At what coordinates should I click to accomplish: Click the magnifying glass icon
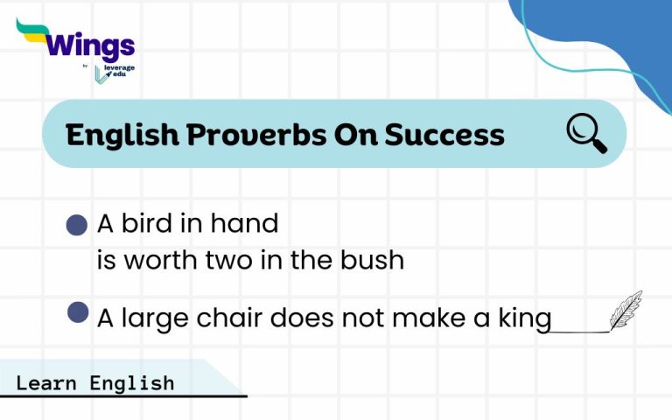point(585,134)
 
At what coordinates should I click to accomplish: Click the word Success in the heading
point(444,135)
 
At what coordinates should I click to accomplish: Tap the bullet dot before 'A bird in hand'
point(77,225)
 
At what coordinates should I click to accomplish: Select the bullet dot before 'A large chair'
point(78,312)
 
